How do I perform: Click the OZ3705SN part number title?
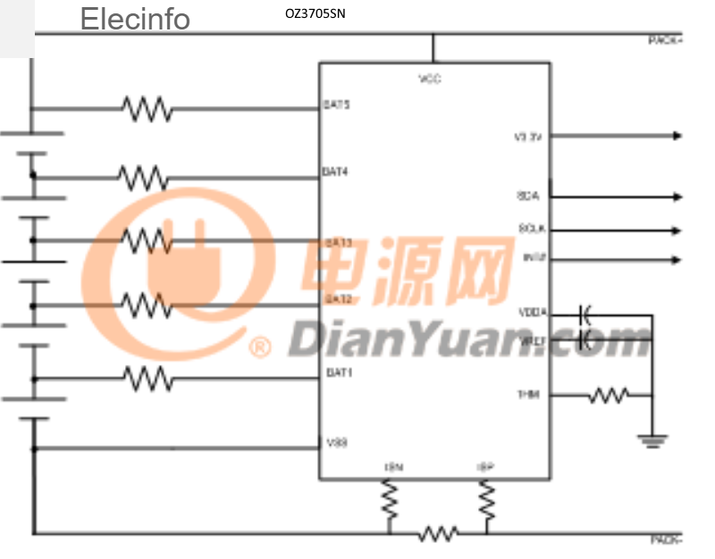pos(314,14)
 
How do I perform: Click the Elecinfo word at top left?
pos(135,19)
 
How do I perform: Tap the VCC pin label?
pos(430,79)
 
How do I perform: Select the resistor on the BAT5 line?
pos(147,109)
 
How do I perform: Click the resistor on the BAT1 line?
pos(147,378)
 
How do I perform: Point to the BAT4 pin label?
pos(336,171)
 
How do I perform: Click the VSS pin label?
pos(337,442)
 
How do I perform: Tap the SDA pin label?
pos(528,196)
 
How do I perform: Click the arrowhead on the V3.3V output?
pos(677,137)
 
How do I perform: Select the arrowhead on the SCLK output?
pos(677,229)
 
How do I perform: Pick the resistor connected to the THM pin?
pos(608,395)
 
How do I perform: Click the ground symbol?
pos(653,438)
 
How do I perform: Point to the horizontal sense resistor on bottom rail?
pos(438,534)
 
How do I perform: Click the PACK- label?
pos(666,540)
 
